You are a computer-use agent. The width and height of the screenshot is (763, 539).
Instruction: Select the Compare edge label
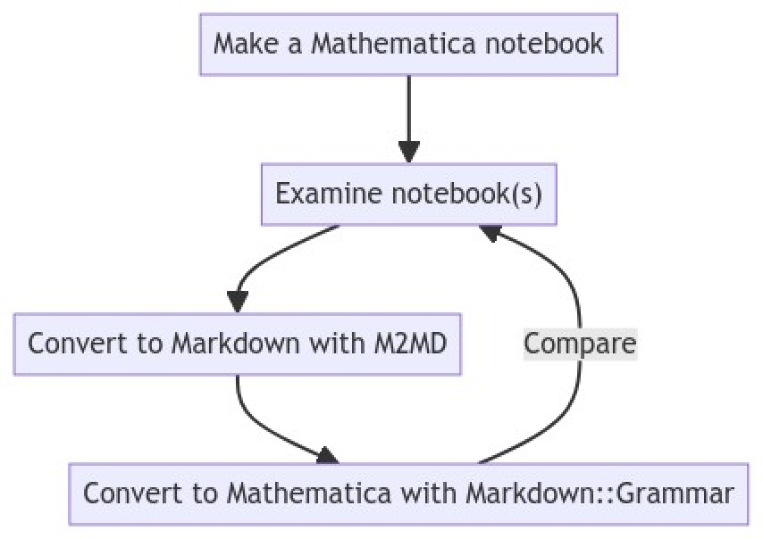tap(580, 344)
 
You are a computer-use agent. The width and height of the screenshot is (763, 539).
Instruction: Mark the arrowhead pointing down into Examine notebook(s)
tap(408, 152)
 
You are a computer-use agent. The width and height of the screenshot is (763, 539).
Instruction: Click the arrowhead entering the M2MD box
tap(238, 302)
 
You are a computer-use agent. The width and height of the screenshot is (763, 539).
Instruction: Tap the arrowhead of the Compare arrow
tap(490, 233)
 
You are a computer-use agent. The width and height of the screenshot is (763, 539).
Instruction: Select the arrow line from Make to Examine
tap(408, 107)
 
